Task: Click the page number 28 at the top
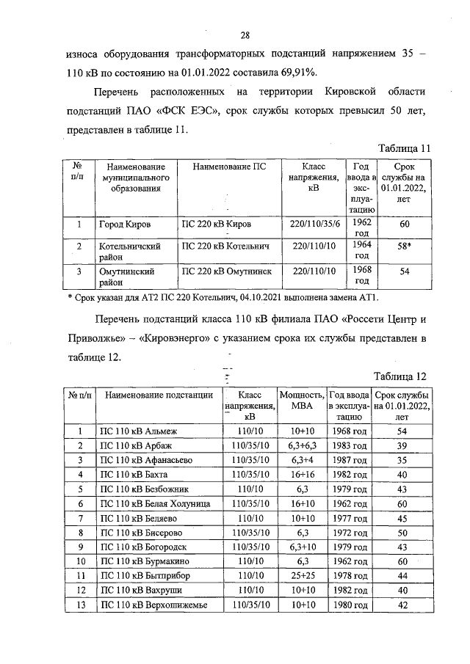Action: tap(245, 34)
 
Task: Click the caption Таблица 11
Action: tap(402, 148)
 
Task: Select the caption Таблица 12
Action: tap(401, 376)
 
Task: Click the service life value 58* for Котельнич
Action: tap(403, 247)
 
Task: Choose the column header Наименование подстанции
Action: tap(158, 395)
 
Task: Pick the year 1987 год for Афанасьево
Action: tap(350, 460)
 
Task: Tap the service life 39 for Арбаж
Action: tap(402, 445)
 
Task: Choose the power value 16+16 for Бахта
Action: tap(302, 475)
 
